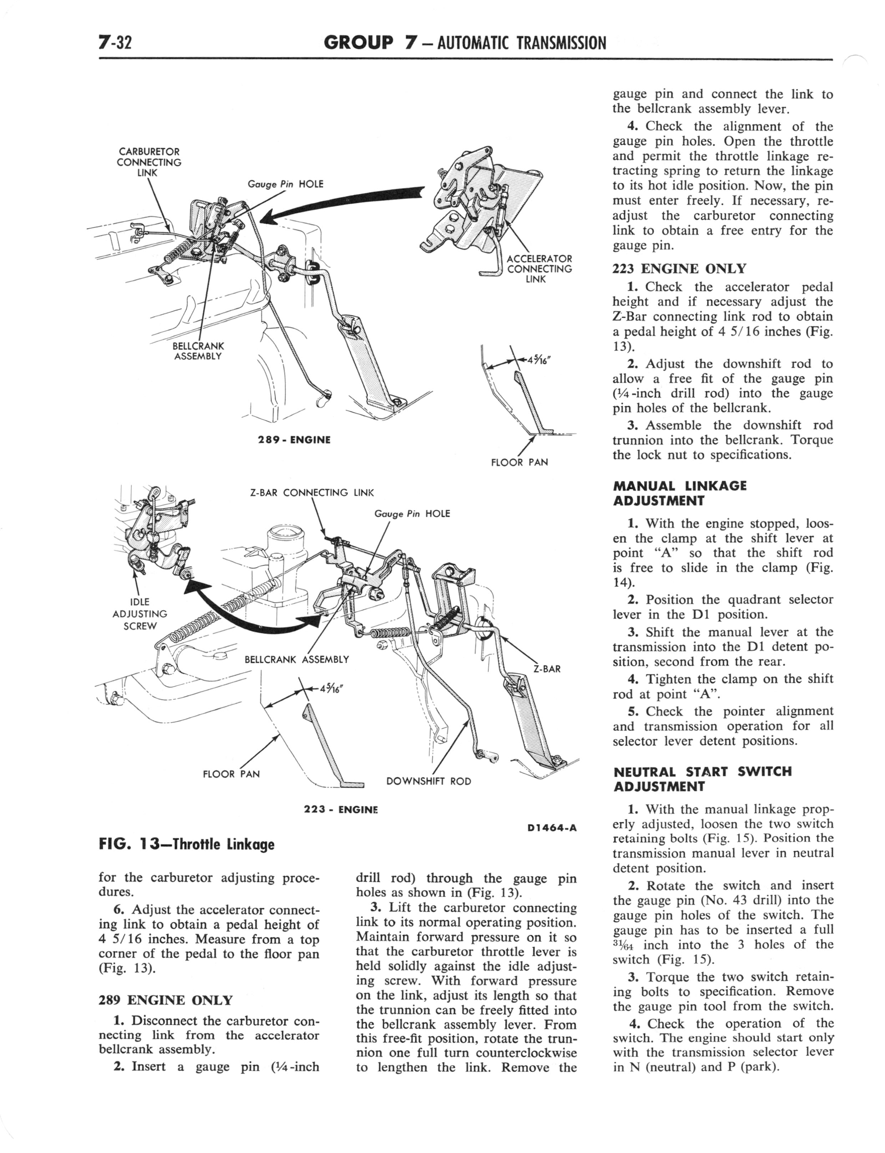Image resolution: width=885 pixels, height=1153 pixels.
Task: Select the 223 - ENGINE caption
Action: tap(341, 809)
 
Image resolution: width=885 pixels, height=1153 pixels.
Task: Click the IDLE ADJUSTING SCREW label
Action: tap(140, 613)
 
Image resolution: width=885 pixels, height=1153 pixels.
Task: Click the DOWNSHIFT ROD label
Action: tap(428, 781)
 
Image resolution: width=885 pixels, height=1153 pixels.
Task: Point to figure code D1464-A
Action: tap(552, 827)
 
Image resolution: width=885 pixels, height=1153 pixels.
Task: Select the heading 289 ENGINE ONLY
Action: tap(165, 1000)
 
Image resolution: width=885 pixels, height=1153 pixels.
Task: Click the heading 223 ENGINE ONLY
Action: tap(679, 269)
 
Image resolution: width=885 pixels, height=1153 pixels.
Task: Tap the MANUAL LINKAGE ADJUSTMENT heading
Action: tap(679, 493)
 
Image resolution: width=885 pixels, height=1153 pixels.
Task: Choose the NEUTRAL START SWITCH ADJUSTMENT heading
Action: tap(702, 779)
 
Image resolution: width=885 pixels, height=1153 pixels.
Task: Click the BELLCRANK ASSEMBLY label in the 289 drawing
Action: tap(198, 351)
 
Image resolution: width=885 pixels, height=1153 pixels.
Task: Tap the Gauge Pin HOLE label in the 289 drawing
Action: tap(285, 184)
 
